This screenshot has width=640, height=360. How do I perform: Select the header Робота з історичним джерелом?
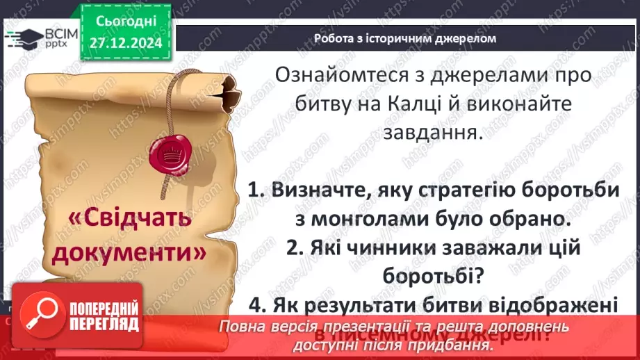point(404,39)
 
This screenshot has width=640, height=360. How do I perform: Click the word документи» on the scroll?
point(131,252)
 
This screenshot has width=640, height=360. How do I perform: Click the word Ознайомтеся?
point(344,75)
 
